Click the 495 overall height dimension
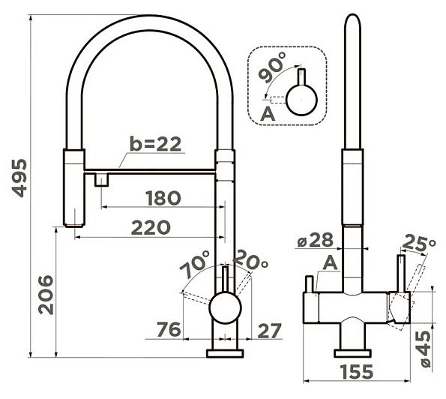click(x=19, y=178)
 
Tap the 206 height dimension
click(x=46, y=295)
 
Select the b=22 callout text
click(x=155, y=144)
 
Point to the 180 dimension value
click(x=163, y=198)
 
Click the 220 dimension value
click(x=151, y=227)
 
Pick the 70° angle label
click(x=195, y=264)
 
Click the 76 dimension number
click(x=169, y=329)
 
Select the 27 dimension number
click(x=269, y=331)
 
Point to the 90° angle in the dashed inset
click(x=272, y=67)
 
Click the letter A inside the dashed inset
click(x=268, y=114)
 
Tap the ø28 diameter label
click(x=315, y=240)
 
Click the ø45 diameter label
click(x=425, y=349)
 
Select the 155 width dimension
click(x=357, y=371)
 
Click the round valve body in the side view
click(x=225, y=308)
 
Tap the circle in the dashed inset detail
click(x=301, y=100)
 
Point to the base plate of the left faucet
click(x=225, y=354)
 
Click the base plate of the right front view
click(x=352, y=353)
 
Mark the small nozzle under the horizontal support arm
click(x=101, y=180)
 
